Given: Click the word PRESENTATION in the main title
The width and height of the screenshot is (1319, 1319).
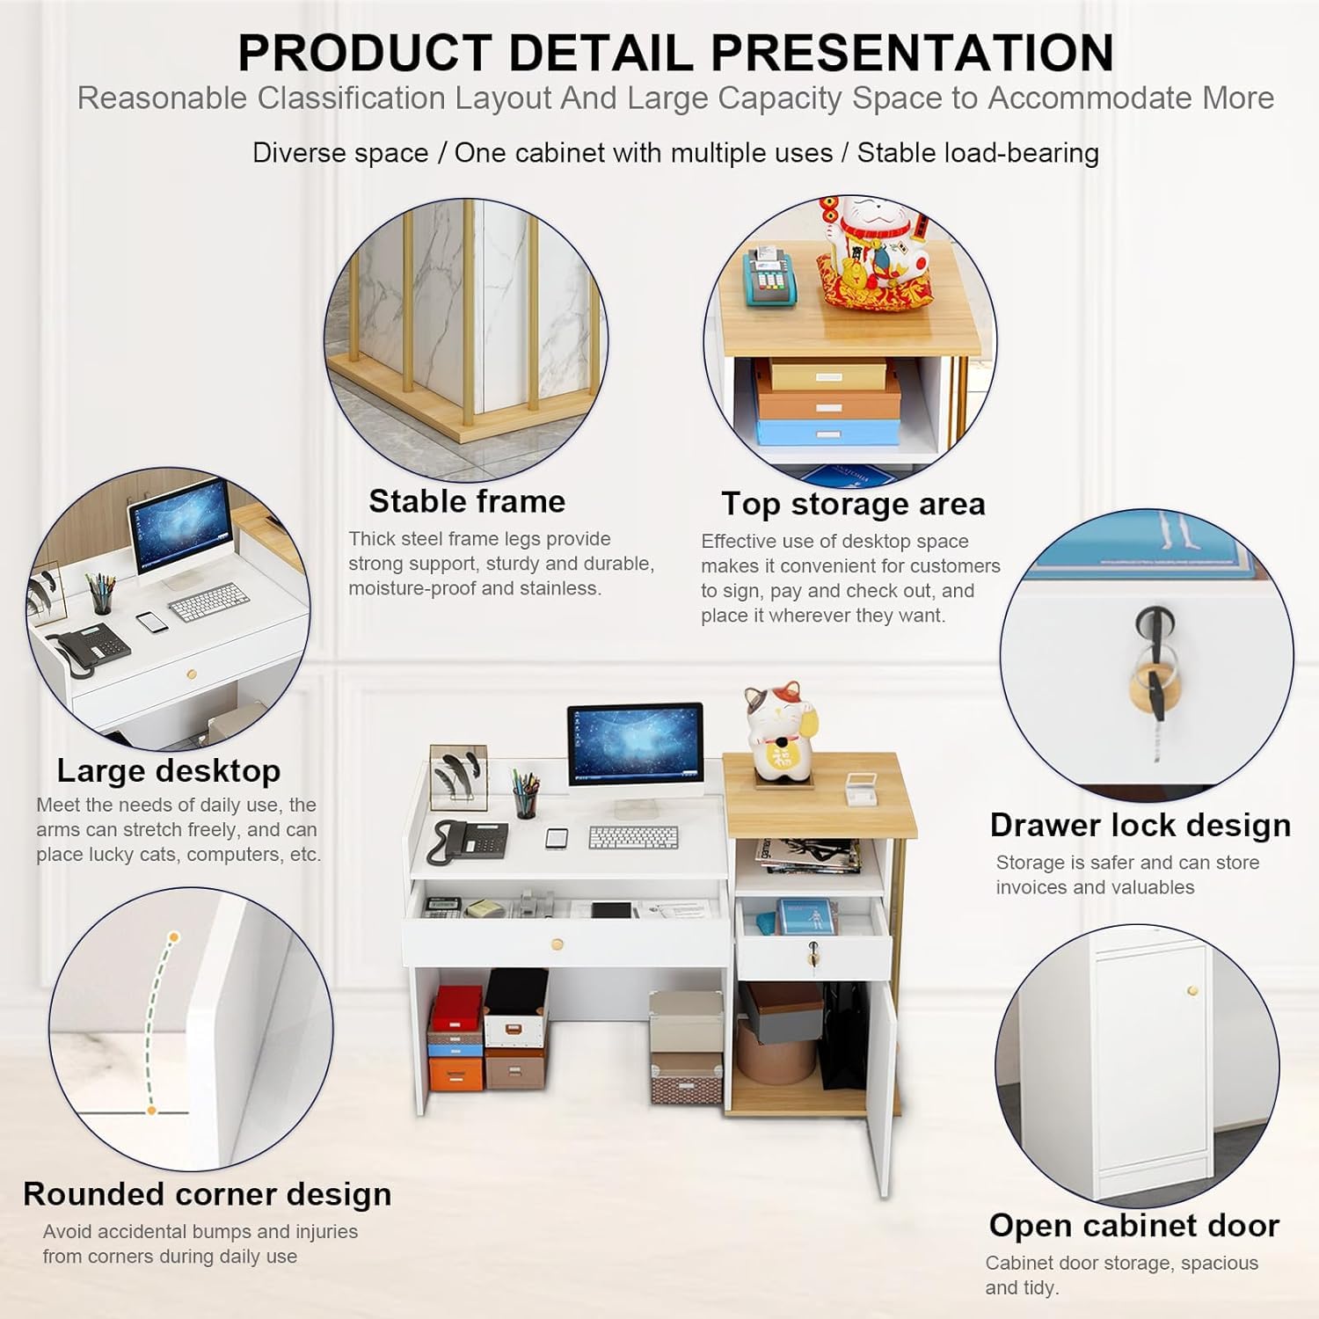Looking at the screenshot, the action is pyautogui.click(x=912, y=53).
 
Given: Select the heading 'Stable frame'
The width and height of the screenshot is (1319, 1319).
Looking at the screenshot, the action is pyautogui.click(x=467, y=501).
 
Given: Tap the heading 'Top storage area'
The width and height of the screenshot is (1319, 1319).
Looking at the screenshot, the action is pyautogui.click(x=853, y=504).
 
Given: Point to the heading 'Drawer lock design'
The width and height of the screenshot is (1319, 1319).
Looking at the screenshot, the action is pyautogui.click(x=1140, y=825).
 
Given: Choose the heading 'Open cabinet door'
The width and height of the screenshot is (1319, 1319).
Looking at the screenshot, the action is pyautogui.click(x=1133, y=1225).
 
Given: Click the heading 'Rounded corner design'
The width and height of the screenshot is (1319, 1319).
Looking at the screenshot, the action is pyautogui.click(x=208, y=1194).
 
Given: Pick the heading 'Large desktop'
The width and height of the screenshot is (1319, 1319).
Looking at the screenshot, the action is pyautogui.click(x=169, y=770).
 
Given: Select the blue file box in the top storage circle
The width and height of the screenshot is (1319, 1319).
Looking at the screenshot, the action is pyautogui.click(x=827, y=430).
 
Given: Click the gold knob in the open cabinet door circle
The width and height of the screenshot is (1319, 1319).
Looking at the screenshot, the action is pyautogui.click(x=1193, y=991).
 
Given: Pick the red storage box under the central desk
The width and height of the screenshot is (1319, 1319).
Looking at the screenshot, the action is pyautogui.click(x=456, y=1008).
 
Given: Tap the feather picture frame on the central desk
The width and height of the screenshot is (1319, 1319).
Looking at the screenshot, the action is pyautogui.click(x=458, y=776).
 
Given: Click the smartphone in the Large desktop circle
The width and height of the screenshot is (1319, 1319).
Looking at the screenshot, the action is pyautogui.click(x=152, y=621).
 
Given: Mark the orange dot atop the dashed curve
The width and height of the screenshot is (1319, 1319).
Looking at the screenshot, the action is pyautogui.click(x=173, y=937).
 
